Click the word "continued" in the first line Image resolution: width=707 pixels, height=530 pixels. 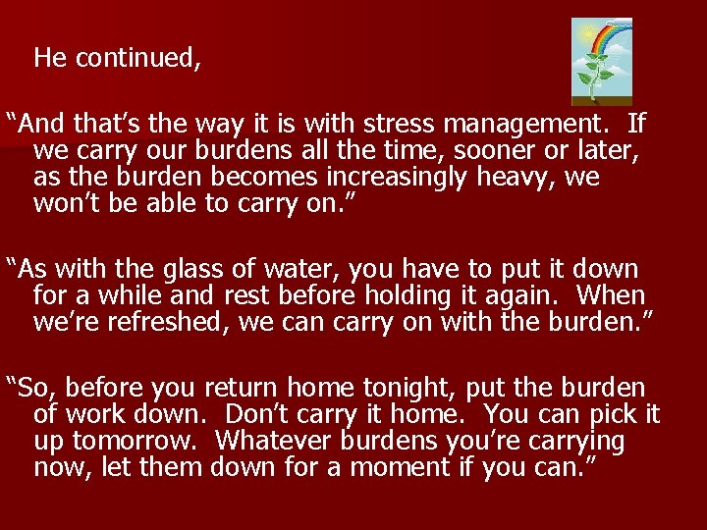pos(137,59)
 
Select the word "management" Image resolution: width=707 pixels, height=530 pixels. pos(528,125)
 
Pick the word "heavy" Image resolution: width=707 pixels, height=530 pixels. pos(530,179)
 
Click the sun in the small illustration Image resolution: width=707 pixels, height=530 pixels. pos(587,33)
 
